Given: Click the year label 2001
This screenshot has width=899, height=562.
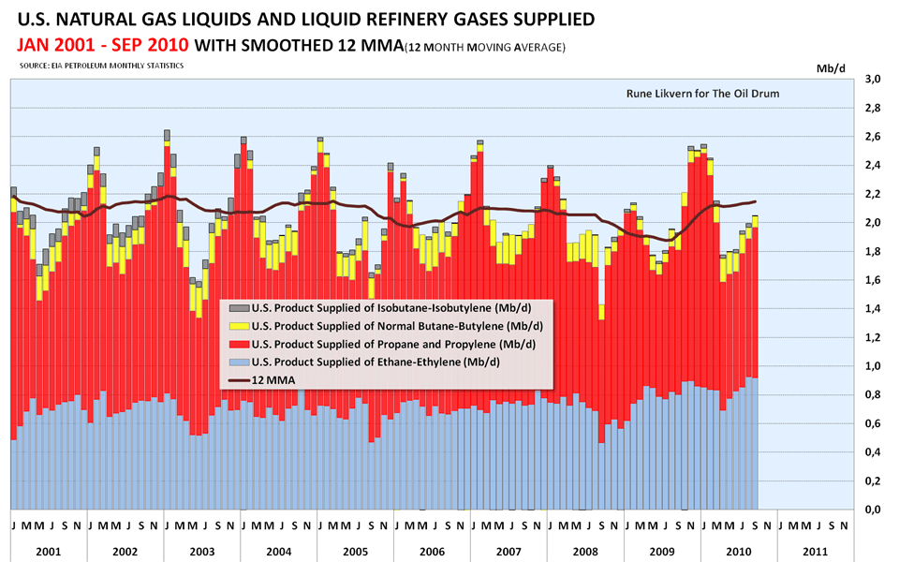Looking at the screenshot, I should point(49,552).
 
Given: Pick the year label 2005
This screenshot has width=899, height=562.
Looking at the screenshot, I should point(356,552).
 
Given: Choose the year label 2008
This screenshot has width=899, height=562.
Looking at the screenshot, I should point(586,552).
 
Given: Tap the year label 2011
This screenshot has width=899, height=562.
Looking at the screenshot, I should point(816,552).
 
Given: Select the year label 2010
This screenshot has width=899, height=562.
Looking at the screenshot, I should point(739,552).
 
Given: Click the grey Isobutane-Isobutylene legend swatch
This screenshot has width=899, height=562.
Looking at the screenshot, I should point(237,309).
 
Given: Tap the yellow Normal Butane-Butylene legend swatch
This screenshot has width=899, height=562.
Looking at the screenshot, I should point(237,327).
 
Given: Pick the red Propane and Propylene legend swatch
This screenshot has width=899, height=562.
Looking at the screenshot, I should point(237,345).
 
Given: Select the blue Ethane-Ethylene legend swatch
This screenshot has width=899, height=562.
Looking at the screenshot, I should point(237,362).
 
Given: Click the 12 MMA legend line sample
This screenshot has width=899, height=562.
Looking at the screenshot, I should point(237,380).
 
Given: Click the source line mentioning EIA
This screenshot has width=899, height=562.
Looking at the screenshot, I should point(101,66).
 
